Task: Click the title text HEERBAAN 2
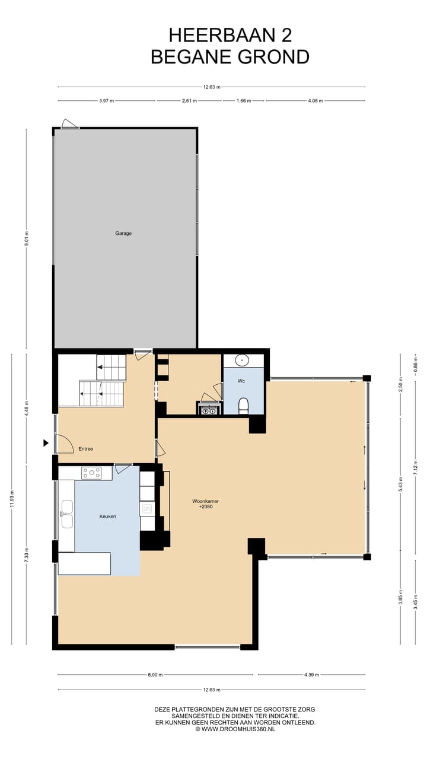pyautogui.click(x=230, y=36)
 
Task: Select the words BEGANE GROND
pyautogui.click(x=230, y=57)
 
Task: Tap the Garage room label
pyautogui.click(x=123, y=233)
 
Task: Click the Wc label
pyautogui.click(x=241, y=381)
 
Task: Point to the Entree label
pyautogui.click(x=85, y=449)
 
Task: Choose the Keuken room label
pyautogui.click(x=107, y=516)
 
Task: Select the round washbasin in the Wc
pyautogui.click(x=243, y=360)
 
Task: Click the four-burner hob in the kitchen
pyautogui.click(x=91, y=473)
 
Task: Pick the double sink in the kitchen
pyautogui.click(x=66, y=514)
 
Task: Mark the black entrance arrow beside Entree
pyautogui.click(x=46, y=442)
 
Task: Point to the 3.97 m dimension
pyautogui.click(x=107, y=101)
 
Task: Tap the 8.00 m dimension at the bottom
pyautogui.click(x=155, y=675)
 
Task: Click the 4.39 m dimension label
pyautogui.click(x=311, y=675)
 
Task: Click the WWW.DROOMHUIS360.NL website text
pyautogui.click(x=238, y=729)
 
